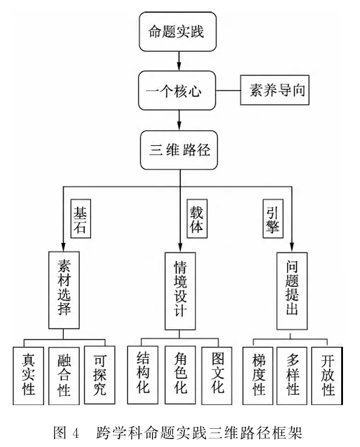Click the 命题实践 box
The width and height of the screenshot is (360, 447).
[x=178, y=32]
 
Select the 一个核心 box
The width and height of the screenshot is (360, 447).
[x=177, y=90]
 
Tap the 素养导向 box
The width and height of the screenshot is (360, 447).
[x=274, y=90]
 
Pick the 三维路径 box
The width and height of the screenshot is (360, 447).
[x=178, y=150]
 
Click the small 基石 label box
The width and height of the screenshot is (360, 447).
[x=81, y=219]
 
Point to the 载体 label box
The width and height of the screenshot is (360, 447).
[x=197, y=219]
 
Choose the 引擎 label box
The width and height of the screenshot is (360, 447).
[x=273, y=219]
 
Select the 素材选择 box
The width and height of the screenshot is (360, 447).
[x=64, y=290]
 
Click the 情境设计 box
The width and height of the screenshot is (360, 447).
[x=180, y=291]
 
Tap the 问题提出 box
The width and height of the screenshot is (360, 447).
[x=292, y=291]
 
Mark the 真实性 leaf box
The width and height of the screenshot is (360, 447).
[x=28, y=375]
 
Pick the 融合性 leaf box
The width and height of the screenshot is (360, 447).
[x=64, y=375]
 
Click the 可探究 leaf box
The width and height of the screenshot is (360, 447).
[x=100, y=375]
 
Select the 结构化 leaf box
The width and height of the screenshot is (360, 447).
[x=143, y=375]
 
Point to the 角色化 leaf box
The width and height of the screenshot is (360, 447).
[x=180, y=375]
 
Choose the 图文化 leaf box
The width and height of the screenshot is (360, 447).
[x=217, y=375]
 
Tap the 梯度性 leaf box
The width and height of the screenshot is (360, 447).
[x=257, y=375]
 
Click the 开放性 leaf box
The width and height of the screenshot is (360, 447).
[x=327, y=375]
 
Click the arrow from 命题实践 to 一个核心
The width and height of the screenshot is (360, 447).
[x=178, y=61]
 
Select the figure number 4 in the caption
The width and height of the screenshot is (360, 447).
[x=75, y=433]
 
